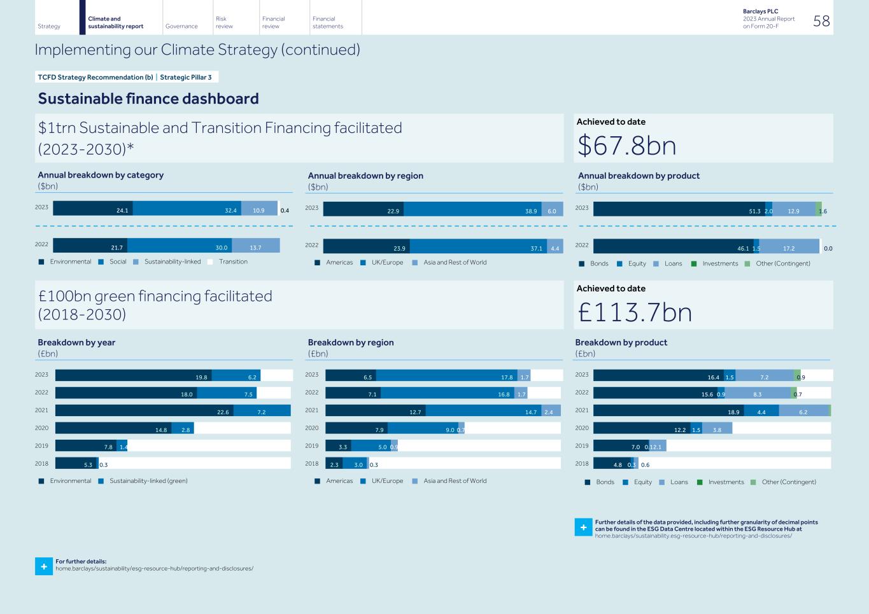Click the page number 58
pyautogui.click(x=821, y=21)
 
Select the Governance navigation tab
pyautogui.click(x=181, y=26)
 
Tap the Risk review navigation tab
pyautogui.click(x=224, y=22)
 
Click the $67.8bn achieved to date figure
pyautogui.click(x=626, y=146)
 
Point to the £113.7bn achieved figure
pyautogui.click(x=635, y=312)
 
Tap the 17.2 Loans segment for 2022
pyautogui.click(x=789, y=247)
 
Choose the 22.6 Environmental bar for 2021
pyautogui.click(x=144, y=411)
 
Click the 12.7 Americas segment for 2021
pyautogui.click(x=375, y=411)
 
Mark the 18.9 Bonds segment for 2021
pyautogui.click(x=668, y=411)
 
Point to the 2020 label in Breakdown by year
pyautogui.click(x=41, y=428)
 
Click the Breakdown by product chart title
pyautogui.click(x=621, y=342)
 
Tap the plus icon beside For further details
pyautogui.click(x=43, y=566)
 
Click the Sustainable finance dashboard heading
pyautogui.click(x=148, y=99)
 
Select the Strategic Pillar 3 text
pyautogui.click(x=185, y=77)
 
